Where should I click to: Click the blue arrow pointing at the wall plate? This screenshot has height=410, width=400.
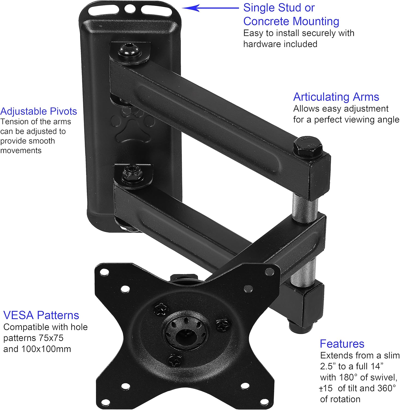pos(210,8)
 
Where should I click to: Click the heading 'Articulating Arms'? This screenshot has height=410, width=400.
pos(336,97)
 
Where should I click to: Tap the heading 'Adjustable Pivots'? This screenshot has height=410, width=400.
pos(38,111)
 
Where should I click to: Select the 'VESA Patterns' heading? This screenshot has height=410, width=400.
pos(41,315)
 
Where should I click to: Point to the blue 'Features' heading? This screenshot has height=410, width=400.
pos(342,344)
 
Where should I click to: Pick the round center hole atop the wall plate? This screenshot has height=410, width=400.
pos(130,9)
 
